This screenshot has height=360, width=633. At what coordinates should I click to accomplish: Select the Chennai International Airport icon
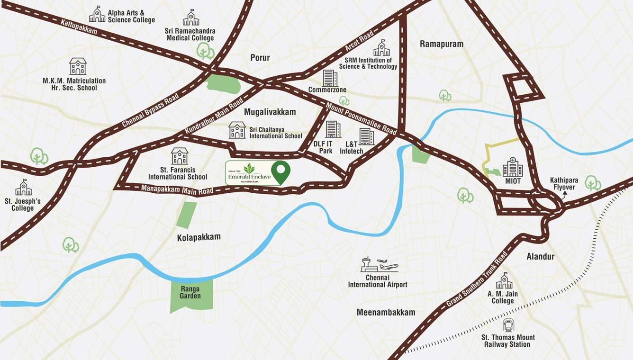tap(379, 264)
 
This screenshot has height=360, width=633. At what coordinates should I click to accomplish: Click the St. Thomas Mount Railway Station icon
tap(508, 325)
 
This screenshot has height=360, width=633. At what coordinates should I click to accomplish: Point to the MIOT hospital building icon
tap(513, 167)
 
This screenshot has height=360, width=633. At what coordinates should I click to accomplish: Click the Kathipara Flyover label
tap(562, 183)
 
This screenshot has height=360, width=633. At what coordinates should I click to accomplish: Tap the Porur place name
tap(260, 58)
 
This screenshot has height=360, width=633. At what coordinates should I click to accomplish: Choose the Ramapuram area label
tap(442, 44)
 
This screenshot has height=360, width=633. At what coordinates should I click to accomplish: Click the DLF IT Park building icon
tap(333, 129)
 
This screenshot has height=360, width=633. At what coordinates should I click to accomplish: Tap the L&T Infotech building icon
tap(366, 136)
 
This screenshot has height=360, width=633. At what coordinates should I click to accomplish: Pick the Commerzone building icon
tap(330, 78)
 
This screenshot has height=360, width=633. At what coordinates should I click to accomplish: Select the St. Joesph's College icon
tap(23, 188)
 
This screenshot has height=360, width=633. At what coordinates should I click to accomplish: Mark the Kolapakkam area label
tap(199, 237)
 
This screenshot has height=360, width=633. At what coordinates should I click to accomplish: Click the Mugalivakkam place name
tap(270, 112)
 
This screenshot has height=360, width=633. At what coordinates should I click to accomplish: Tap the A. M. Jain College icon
tap(504, 281)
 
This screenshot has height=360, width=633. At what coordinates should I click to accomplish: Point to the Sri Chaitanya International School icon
tap(237, 130)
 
